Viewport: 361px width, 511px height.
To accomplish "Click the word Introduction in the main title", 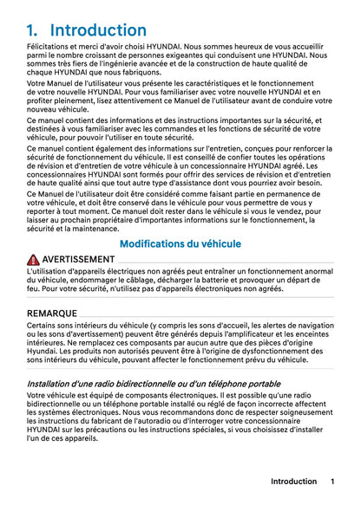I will [x=98, y=30].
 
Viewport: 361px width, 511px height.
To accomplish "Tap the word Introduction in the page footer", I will [x=293, y=482].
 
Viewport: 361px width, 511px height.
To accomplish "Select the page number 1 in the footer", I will [x=332, y=482].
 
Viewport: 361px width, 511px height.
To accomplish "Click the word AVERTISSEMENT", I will [x=78, y=260].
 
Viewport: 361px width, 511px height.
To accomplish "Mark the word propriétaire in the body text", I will [x=116, y=218].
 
